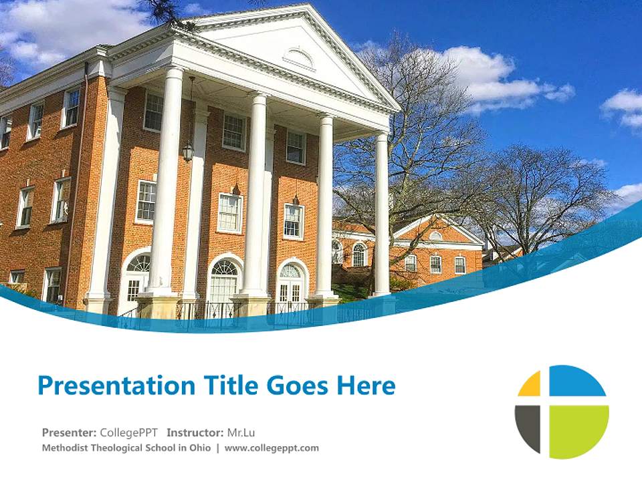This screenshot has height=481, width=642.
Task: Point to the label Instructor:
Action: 195,432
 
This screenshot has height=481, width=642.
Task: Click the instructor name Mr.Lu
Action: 241,432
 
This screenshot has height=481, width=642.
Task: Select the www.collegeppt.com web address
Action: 272,448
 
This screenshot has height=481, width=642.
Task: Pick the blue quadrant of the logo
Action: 576,381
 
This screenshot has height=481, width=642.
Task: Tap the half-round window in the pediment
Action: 299,58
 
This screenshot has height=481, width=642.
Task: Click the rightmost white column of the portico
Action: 382,214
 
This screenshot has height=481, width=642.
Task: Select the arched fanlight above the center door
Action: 225,268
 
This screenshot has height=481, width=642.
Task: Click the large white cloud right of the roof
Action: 495,77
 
